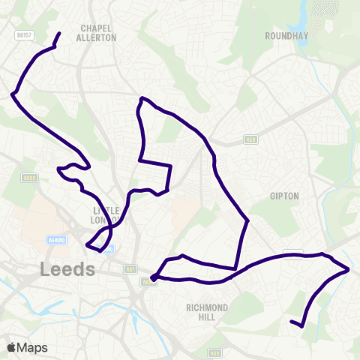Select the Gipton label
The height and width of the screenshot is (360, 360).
pyautogui.click(x=284, y=196)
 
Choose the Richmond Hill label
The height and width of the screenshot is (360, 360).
pyautogui.click(x=207, y=312)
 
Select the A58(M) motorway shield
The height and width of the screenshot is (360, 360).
pyautogui.click(x=55, y=240)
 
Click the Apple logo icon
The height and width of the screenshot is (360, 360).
pyautogui.click(x=11, y=347)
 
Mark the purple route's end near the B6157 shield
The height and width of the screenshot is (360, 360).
pyautogui.click(x=60, y=33)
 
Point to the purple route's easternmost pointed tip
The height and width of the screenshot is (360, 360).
pyautogui.click(x=349, y=268)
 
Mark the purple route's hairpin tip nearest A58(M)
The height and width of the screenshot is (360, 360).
pyautogui.click(x=88, y=244)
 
